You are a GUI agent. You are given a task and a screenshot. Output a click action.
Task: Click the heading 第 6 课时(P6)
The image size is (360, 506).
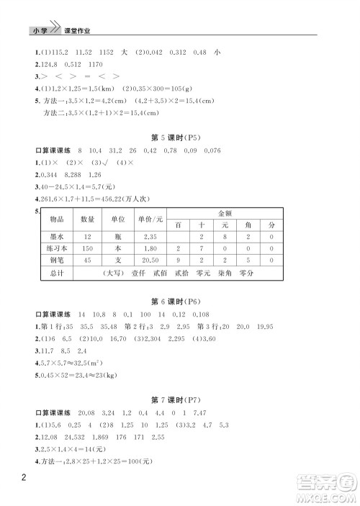click(x=180, y=301)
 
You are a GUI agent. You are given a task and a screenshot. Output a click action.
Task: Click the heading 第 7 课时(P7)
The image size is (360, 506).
click(x=180, y=414)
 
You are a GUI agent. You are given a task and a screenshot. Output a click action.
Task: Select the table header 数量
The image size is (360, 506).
click(x=87, y=219)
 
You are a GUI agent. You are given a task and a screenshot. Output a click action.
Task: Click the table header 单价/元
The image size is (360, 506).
click(x=150, y=219)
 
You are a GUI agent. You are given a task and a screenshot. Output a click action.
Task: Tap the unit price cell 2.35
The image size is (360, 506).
click(x=150, y=236)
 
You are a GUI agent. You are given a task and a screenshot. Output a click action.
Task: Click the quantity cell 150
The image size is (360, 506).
click(x=87, y=248)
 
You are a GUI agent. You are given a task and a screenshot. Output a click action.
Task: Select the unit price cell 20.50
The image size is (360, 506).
click(x=150, y=261)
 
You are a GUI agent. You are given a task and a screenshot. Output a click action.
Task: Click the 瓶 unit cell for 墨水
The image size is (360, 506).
click(x=118, y=236)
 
